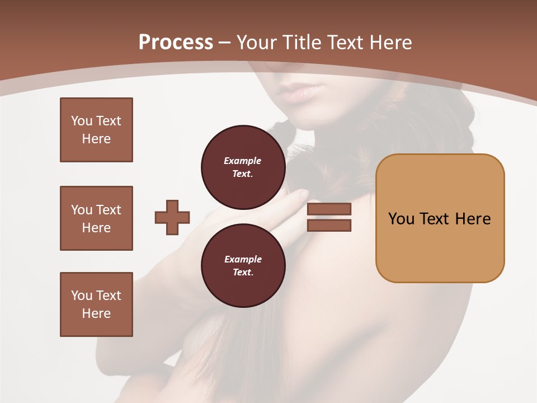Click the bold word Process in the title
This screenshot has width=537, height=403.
(x=176, y=43)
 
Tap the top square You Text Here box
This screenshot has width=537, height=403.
(x=96, y=130)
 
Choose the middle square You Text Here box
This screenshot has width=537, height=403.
(x=96, y=218)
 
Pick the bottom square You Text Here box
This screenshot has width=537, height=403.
(x=96, y=304)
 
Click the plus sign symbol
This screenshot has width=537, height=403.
(x=172, y=217)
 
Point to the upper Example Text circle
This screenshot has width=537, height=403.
(x=243, y=167)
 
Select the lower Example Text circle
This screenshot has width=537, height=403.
(x=243, y=266)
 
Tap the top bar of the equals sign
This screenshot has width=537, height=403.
(x=329, y=209)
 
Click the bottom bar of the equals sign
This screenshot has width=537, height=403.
(x=329, y=225)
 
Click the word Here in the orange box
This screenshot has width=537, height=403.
(x=473, y=219)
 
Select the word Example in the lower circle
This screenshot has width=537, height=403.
(x=243, y=259)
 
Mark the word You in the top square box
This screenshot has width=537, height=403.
(x=82, y=121)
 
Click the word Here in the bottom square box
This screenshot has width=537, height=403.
(x=96, y=313)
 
